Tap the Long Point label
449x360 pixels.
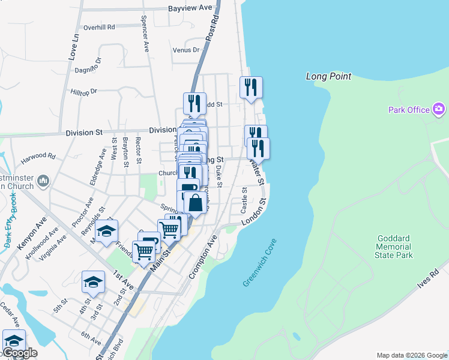pos(328,76)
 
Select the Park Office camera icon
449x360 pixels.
pos(439,109)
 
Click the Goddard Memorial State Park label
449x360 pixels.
pos(395,247)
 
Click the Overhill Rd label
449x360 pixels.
pos(99,27)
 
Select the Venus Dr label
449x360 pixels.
pos(185,50)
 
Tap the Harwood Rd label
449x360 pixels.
pos(38,158)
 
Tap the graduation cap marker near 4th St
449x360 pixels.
pos(94,281)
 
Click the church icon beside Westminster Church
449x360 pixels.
pos(43,181)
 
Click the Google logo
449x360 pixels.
pos(19,353)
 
